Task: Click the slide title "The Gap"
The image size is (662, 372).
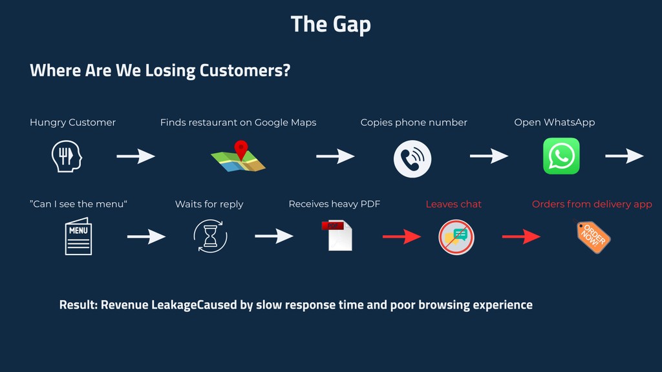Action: [330, 25]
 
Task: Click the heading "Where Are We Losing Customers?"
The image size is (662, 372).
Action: [160, 70]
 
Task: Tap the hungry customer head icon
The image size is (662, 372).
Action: [67, 156]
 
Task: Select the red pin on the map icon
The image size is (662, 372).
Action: [241, 149]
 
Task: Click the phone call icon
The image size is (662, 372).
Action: [412, 159]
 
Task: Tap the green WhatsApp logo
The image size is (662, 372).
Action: [561, 156]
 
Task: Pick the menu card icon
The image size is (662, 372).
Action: [78, 236]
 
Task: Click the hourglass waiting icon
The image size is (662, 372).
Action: [210, 236]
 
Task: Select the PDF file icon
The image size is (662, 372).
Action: [337, 235]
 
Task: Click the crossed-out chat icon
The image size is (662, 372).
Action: [456, 237]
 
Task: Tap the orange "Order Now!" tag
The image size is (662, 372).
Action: [593, 236]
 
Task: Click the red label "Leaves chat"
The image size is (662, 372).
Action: [453, 204]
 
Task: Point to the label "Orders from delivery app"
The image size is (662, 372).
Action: [592, 204]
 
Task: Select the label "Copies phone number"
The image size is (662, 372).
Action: [414, 123]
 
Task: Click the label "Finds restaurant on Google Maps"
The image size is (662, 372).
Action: [238, 123]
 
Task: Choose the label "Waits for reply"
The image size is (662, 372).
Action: [209, 204]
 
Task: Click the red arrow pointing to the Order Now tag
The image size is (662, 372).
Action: [522, 236]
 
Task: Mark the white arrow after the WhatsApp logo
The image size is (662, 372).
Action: [625, 156]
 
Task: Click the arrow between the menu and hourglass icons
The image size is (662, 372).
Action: [147, 236]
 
